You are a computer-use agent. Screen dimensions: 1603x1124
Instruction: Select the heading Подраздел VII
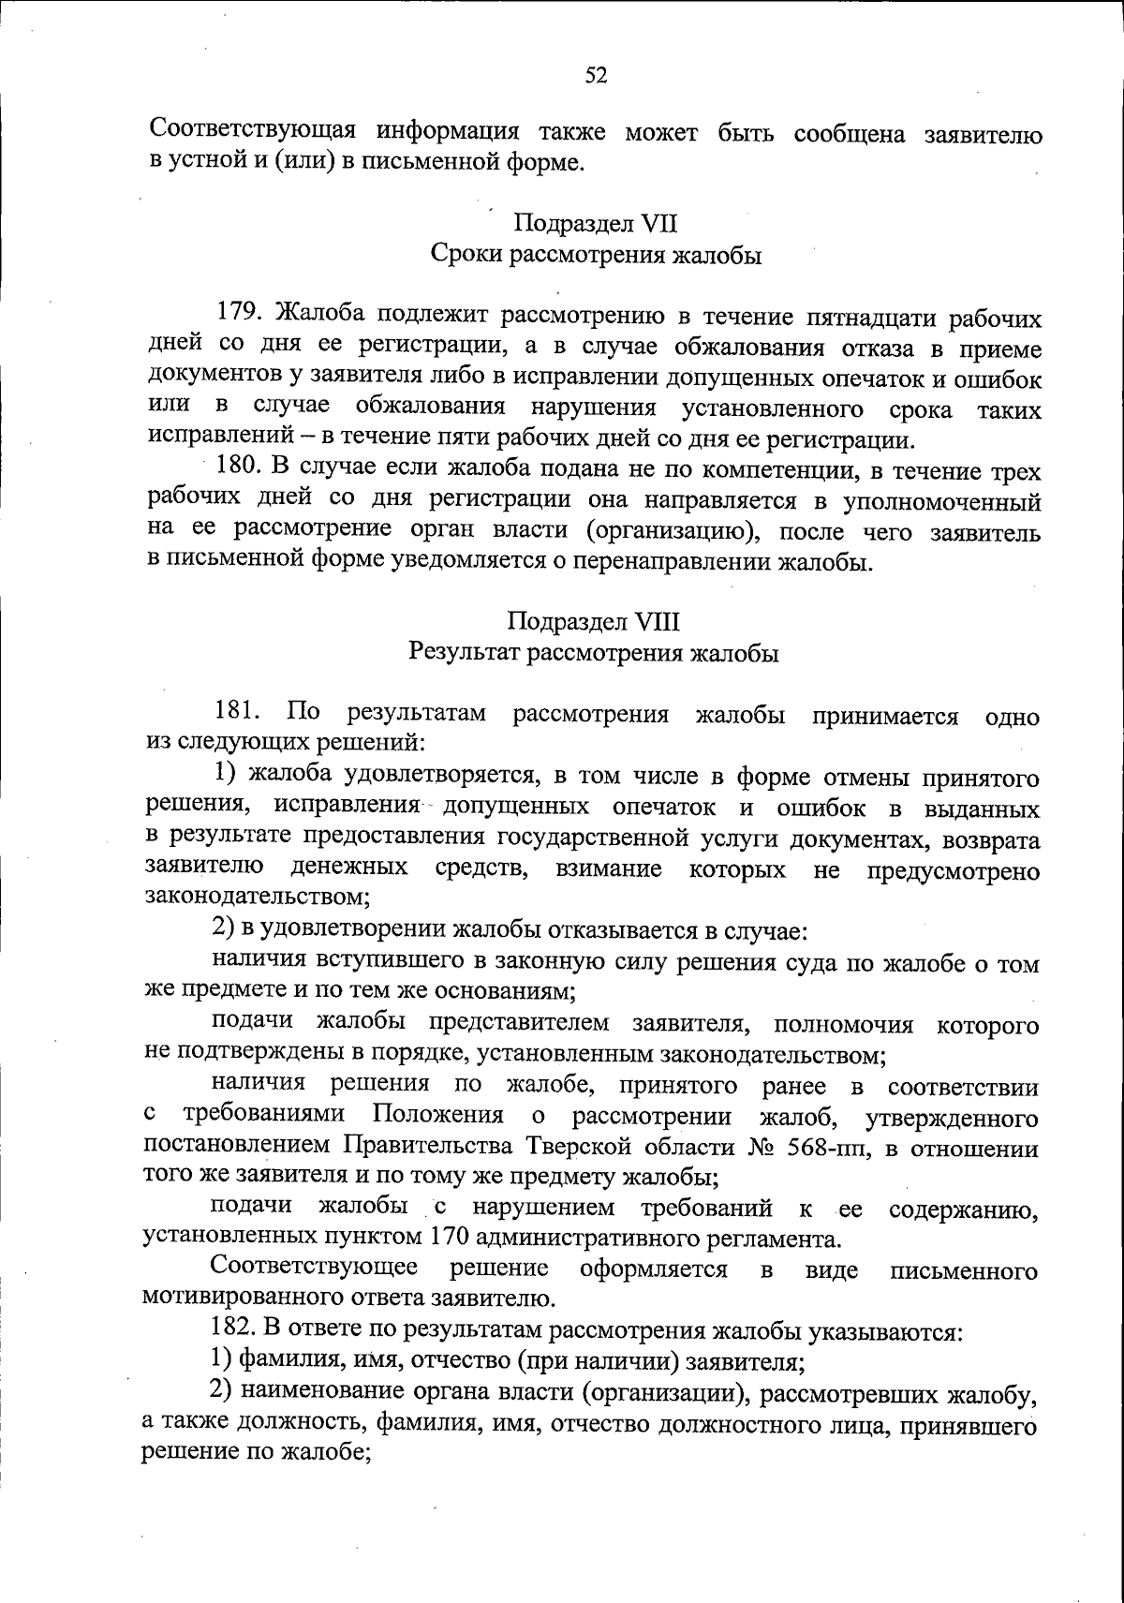(x=596, y=224)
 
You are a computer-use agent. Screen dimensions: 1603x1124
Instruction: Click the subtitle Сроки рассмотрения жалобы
(x=596, y=255)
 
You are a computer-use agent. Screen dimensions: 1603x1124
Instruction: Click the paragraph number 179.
(x=241, y=318)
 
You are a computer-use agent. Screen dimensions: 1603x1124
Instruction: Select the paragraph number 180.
(x=239, y=470)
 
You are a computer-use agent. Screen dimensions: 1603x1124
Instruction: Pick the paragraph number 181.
(x=238, y=715)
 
